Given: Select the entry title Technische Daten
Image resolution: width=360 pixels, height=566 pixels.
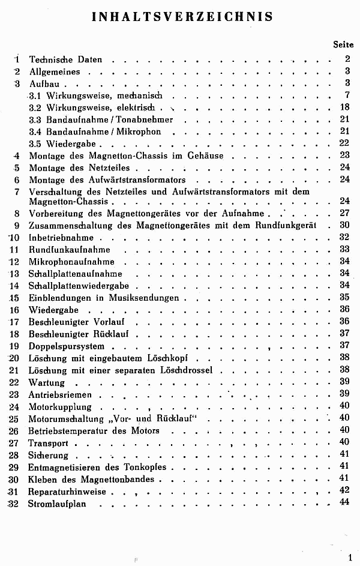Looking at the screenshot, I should tap(65, 59).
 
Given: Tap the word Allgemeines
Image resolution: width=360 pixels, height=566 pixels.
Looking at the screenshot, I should tap(55, 72).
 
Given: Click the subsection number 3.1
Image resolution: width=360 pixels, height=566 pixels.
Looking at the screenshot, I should tap(35, 95).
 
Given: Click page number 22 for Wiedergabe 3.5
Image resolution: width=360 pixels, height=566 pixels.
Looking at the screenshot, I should tap(344, 143).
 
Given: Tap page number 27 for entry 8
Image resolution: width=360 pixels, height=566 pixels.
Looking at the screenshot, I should tap(344, 213).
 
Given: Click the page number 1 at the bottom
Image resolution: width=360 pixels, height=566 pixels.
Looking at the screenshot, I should tap(349, 558).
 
